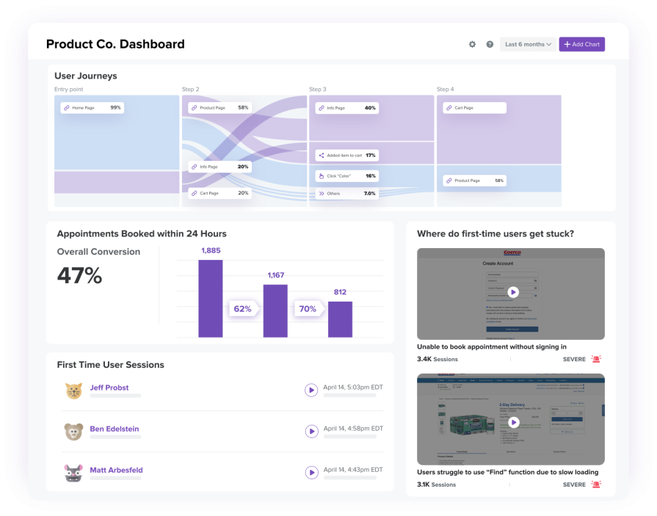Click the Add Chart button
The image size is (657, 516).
[x=581, y=45]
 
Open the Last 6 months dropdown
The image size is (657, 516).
[x=527, y=45]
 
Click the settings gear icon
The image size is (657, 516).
[x=472, y=45]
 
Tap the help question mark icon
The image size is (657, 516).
[x=490, y=45]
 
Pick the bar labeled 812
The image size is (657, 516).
[x=340, y=319]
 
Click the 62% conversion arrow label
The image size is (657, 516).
[x=242, y=309]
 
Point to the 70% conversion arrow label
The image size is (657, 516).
[x=307, y=309]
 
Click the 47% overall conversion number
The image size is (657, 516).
[x=79, y=276]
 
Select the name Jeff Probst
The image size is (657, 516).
[x=109, y=388]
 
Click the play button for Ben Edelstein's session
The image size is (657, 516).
[x=311, y=432]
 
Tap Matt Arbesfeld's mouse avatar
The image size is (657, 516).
[x=73, y=473]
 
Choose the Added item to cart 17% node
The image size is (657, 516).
[x=346, y=156]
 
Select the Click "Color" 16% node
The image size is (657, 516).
[x=346, y=176]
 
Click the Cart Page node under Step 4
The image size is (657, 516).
[x=474, y=108]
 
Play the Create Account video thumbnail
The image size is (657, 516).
[x=512, y=292]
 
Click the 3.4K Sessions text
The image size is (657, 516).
[x=438, y=360]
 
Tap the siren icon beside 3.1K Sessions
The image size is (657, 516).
[x=596, y=484]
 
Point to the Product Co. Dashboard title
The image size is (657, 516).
[x=115, y=44]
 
